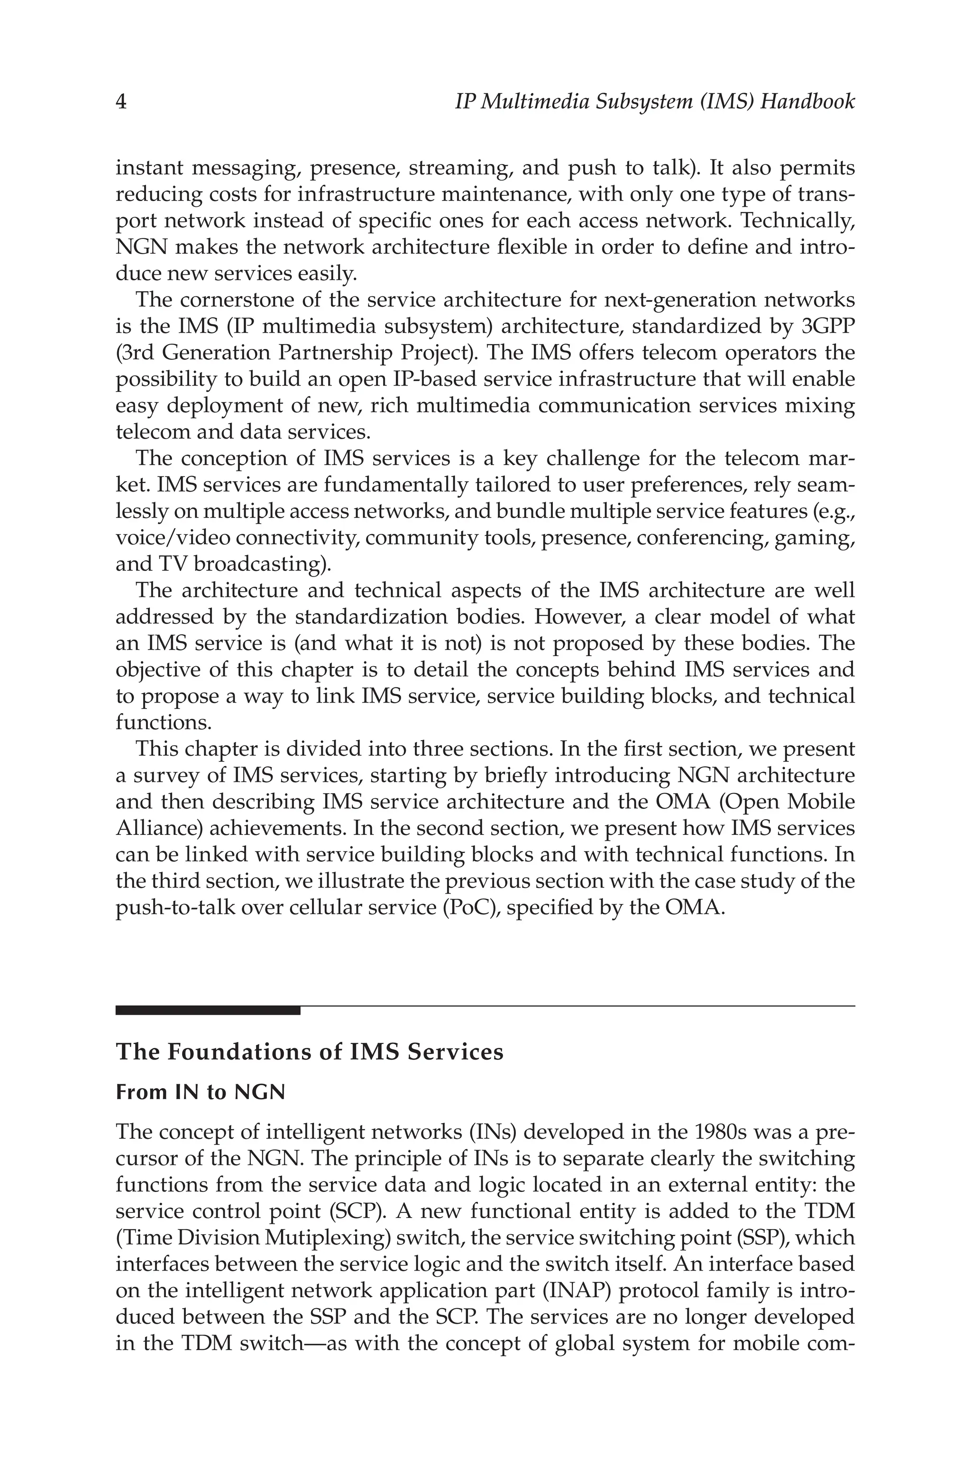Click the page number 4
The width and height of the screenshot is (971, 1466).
click(x=121, y=101)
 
